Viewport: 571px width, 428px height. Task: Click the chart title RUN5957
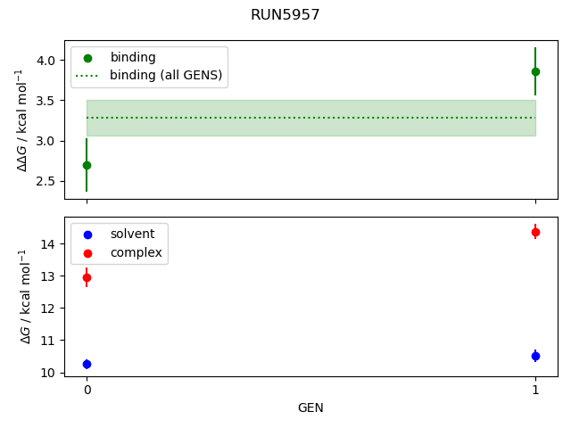[x=285, y=15]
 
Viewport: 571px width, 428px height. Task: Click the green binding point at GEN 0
[x=87, y=165]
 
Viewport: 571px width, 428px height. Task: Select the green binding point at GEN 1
[x=535, y=71]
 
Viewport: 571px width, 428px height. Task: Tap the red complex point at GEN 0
[x=87, y=278]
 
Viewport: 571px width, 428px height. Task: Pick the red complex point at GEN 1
[x=535, y=232]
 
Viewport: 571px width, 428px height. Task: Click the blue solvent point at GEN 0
[x=87, y=364]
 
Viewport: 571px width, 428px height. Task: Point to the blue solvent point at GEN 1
[x=535, y=356]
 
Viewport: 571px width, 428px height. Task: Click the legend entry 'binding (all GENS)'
[x=165, y=75]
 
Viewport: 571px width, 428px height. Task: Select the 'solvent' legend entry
[x=132, y=234]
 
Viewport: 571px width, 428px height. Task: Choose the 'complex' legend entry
[x=136, y=252]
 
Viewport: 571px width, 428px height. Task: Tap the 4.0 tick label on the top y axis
[x=46, y=61]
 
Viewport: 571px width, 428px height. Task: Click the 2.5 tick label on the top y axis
[x=46, y=181]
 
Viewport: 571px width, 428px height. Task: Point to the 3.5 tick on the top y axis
[x=46, y=101]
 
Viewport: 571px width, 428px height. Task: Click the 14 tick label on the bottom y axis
[x=50, y=244]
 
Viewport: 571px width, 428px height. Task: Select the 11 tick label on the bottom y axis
[x=50, y=341]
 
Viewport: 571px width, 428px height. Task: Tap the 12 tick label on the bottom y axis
[x=50, y=309]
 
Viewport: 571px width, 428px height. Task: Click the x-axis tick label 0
[x=87, y=390]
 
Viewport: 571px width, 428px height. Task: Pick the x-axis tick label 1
[x=535, y=390]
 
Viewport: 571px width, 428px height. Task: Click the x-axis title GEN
[x=310, y=407]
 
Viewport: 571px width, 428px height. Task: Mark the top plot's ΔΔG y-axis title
[x=22, y=120]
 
